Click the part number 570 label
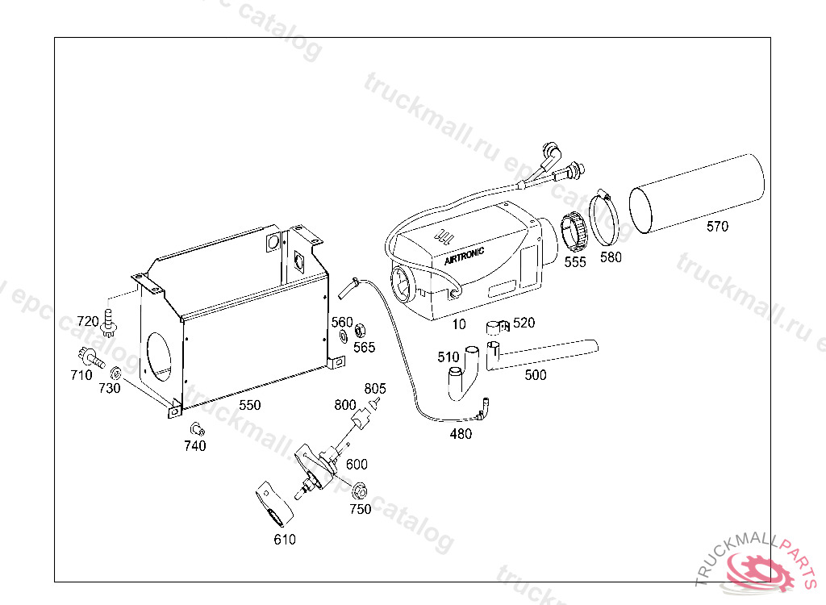[717, 227]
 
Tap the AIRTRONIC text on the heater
[464, 257]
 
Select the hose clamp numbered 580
[603, 217]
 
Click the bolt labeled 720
[109, 323]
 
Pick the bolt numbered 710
[91, 358]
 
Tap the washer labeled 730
[115, 373]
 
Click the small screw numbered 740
[197, 429]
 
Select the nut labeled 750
[359, 491]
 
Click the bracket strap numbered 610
[274, 504]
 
